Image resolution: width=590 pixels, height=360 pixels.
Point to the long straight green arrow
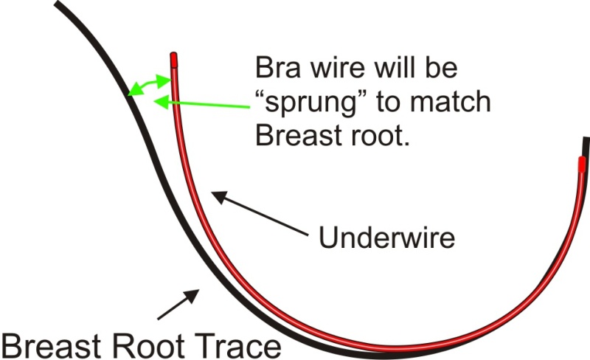pos(199,103)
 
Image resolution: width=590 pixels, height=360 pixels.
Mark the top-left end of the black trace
pos(59,4)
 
